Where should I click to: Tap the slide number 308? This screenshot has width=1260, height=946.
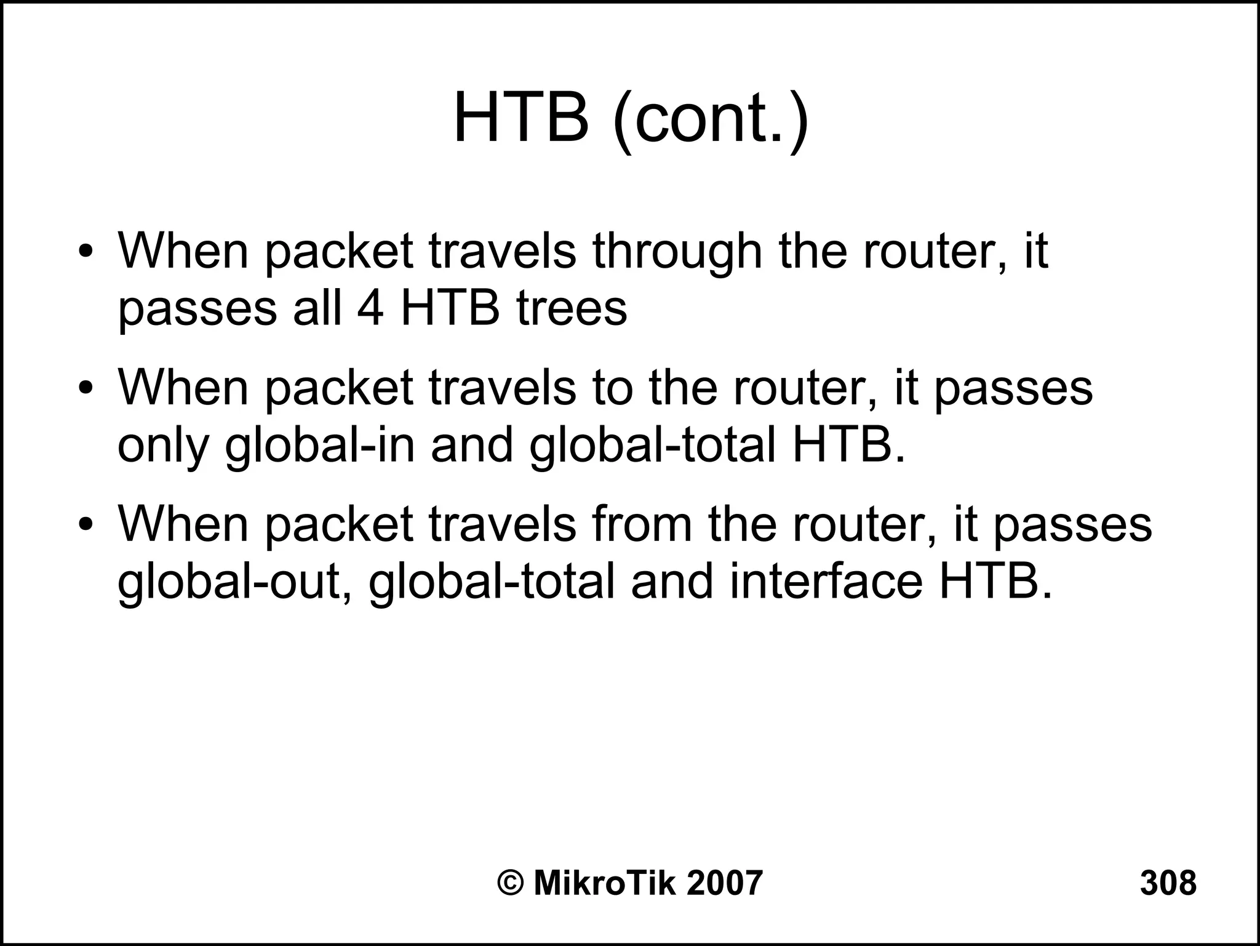coord(1168,883)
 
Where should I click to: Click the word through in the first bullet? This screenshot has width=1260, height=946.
coord(677,252)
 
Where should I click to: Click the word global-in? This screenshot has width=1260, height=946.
coord(320,446)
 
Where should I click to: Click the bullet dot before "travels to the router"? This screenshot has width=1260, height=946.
coord(86,389)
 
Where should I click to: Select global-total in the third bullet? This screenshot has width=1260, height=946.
coord(492,582)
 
